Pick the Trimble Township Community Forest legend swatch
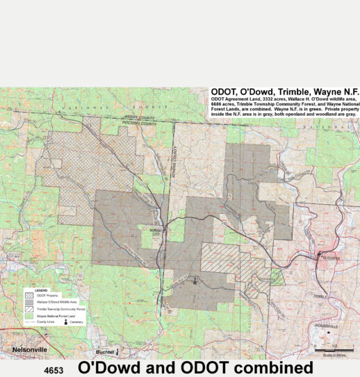pos(29,310)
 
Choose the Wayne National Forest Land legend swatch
pos(29,317)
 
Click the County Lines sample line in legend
pos(29,324)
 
